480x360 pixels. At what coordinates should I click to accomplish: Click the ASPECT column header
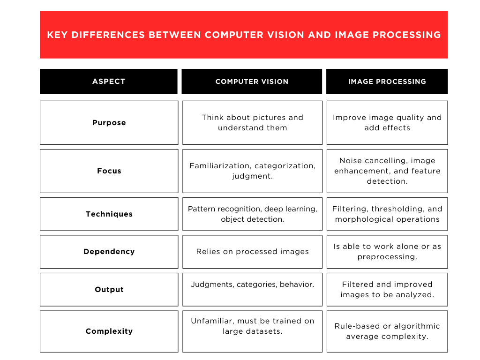pos(109,82)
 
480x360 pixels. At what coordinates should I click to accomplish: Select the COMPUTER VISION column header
pos(252,82)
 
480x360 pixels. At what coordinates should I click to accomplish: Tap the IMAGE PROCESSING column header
pos(387,82)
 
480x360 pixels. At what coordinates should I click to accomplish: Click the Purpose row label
pos(109,123)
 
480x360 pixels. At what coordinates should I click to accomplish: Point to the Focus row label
pos(109,171)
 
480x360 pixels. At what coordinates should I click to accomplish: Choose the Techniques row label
pos(109,214)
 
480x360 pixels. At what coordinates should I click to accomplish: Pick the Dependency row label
pos(109,252)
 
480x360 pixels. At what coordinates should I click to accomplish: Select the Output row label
pos(109,290)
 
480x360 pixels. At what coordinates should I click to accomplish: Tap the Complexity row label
pos(109,331)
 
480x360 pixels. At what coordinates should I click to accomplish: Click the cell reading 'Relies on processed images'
pos(252,252)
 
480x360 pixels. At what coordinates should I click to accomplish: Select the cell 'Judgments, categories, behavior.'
pos(252,285)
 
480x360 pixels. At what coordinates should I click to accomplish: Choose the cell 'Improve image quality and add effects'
pos(387,123)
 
